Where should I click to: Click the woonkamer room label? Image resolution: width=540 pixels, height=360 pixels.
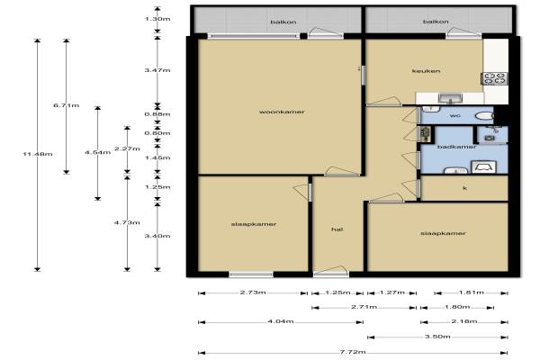(x=282, y=112)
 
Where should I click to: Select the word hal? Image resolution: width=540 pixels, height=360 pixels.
(x=337, y=229)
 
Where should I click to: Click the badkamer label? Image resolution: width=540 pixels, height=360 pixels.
(x=456, y=147)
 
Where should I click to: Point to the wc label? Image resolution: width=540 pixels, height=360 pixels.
(x=454, y=116)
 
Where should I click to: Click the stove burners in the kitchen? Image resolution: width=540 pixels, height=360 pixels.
(x=494, y=78)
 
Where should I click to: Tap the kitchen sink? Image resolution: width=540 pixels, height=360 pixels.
(x=451, y=98)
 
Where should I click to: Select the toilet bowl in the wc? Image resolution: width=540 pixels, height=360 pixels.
(x=484, y=116)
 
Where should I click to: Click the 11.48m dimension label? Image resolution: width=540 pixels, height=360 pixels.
(x=38, y=154)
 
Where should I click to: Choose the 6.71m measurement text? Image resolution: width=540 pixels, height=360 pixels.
(x=66, y=105)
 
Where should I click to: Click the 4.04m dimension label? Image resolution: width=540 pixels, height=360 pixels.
(x=280, y=321)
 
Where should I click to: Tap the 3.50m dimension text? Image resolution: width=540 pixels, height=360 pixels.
(x=437, y=337)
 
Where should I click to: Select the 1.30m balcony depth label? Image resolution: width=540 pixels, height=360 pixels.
(x=157, y=19)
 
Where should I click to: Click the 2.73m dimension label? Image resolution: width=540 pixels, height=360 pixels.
(x=253, y=292)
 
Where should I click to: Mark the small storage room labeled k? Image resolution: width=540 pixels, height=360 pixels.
(x=464, y=188)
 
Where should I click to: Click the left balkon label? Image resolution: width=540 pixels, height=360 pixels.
(x=283, y=22)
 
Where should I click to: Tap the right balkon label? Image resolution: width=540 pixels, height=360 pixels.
(x=436, y=22)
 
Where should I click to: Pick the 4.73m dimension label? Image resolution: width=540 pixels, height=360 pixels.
(x=127, y=222)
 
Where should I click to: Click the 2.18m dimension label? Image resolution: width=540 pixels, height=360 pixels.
(x=464, y=321)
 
